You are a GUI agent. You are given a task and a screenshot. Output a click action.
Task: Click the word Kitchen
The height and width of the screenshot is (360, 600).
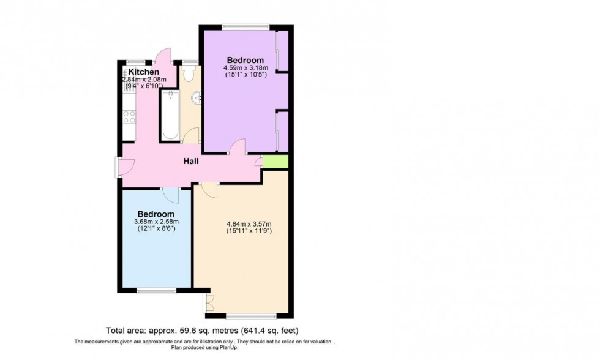pyautogui.click(x=143, y=72)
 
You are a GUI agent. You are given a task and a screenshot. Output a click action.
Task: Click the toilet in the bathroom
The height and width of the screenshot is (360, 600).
pyautogui.click(x=188, y=74)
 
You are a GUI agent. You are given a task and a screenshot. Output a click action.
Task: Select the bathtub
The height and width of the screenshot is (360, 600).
pyautogui.click(x=170, y=115)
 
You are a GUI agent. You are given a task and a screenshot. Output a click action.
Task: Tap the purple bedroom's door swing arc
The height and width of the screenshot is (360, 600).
pyautogui.click(x=238, y=146)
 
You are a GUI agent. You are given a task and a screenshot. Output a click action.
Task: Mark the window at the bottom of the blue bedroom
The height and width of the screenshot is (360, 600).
pyautogui.click(x=156, y=291)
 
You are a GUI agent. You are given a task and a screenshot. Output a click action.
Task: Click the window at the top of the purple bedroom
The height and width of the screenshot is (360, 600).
pyautogui.click(x=246, y=26)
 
